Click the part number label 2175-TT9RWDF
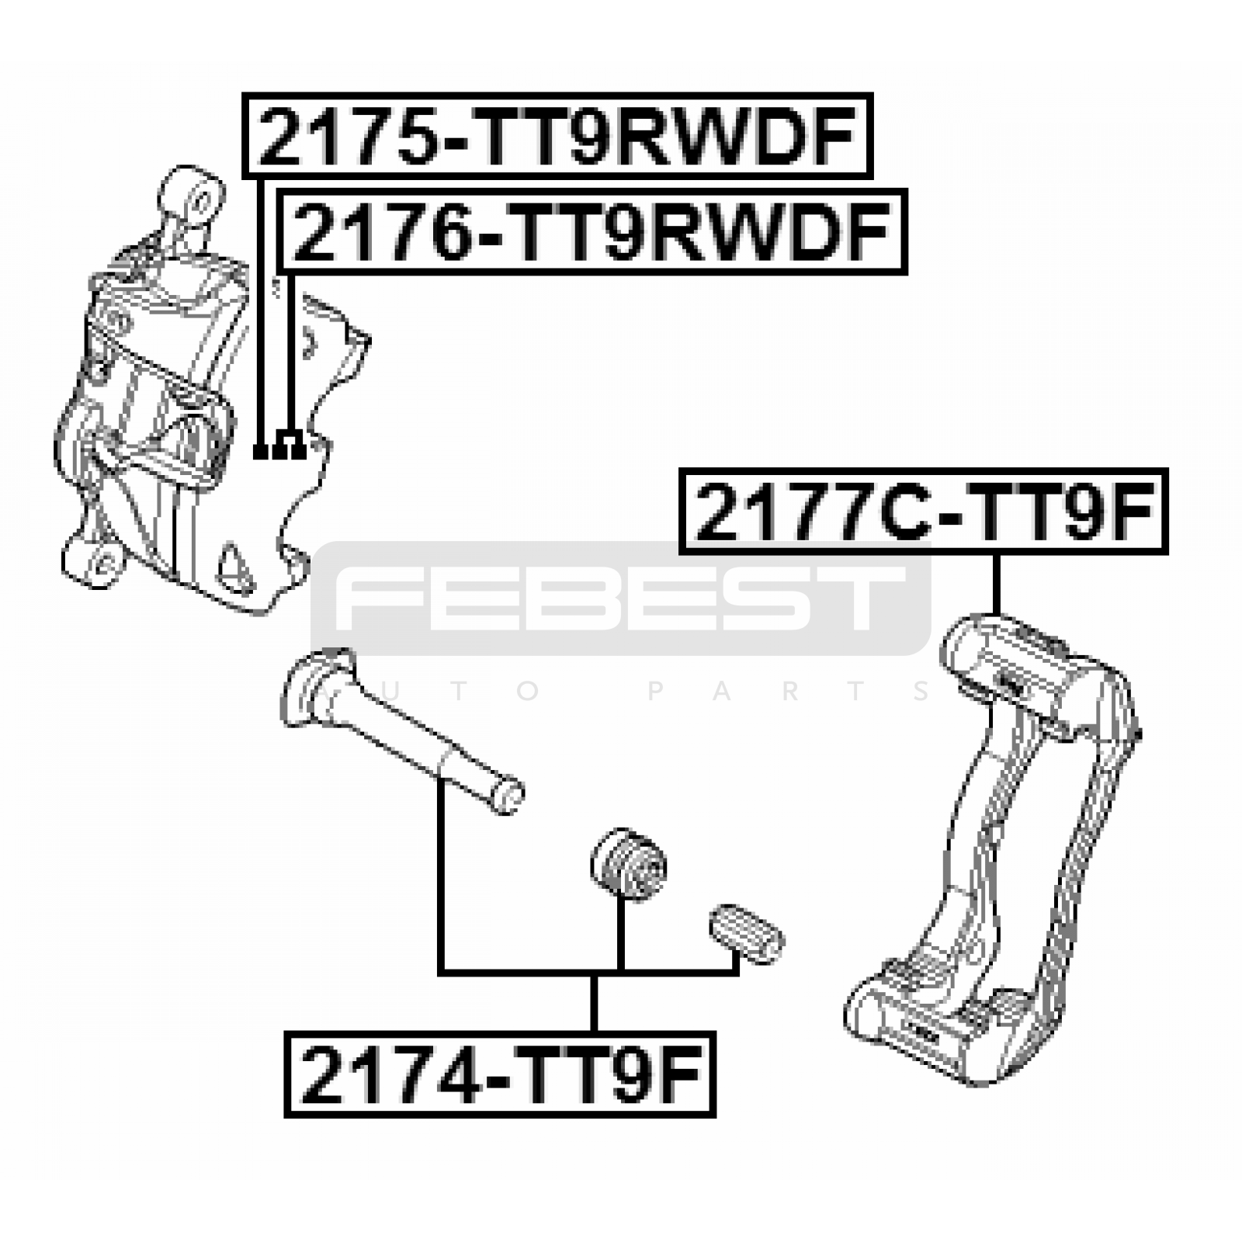point(557,136)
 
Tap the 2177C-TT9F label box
point(924,511)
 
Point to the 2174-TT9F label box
point(500,1074)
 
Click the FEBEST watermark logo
point(621,598)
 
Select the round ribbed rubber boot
point(628,865)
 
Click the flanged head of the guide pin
point(314,686)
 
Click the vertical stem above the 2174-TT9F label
point(594,1002)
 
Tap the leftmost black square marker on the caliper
point(261,451)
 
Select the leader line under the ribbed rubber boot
point(620,933)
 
